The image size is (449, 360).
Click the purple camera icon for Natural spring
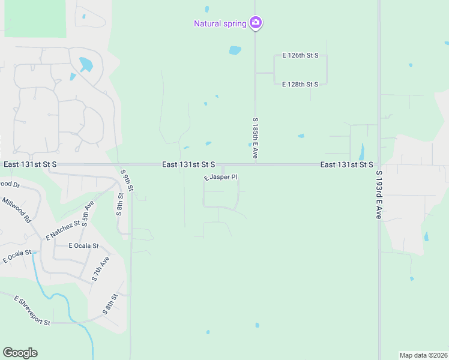pyautogui.click(x=256, y=23)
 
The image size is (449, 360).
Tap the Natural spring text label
pyautogui.click(x=220, y=24)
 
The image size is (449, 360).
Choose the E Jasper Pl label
pyautogui.click(x=221, y=178)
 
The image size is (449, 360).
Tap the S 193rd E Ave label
pyautogui.click(x=379, y=194)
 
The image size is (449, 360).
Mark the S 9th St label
pyautogui.click(x=127, y=181)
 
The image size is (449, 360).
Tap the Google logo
pyautogui.click(x=20, y=353)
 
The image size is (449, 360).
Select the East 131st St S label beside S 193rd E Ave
pyautogui.click(x=346, y=164)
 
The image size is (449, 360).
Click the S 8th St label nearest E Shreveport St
pyautogui.click(x=109, y=305)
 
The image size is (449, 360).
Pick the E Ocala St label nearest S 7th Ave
pyautogui.click(x=83, y=246)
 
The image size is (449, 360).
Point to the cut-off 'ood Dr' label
pyautogui.click(x=10, y=184)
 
